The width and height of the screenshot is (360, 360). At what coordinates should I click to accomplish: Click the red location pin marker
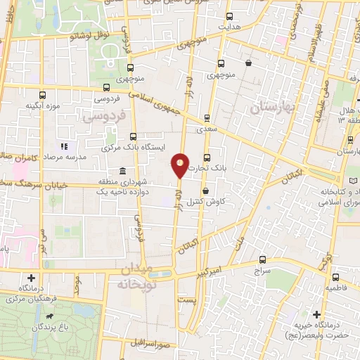coord(181,165)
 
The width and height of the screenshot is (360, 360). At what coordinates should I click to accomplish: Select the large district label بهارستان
coord(271,108)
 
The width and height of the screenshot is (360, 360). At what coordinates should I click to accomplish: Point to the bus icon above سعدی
coord(206,117)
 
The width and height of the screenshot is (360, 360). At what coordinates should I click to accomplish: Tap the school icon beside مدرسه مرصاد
coord(63,146)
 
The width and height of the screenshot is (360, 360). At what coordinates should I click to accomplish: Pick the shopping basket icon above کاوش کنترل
coord(205,191)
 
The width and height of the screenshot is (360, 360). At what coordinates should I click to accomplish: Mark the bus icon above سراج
coord(262,259)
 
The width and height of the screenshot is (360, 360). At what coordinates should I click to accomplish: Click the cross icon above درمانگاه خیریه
coord(317,314)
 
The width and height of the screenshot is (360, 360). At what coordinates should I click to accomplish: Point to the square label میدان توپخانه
coord(136,279)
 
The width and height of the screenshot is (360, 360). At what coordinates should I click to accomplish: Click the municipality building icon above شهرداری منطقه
coord(122,171)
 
